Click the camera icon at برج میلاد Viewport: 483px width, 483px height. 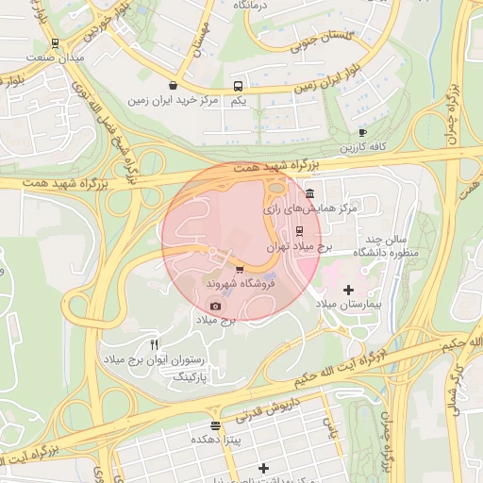click(216, 306)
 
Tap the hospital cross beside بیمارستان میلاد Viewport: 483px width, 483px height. click(348, 290)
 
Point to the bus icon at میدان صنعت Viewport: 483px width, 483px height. click(55, 43)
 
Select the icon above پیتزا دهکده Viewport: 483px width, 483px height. click(215, 425)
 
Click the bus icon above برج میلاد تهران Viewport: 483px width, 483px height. click(300, 230)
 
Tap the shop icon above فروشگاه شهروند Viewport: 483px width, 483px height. click(225, 270)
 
